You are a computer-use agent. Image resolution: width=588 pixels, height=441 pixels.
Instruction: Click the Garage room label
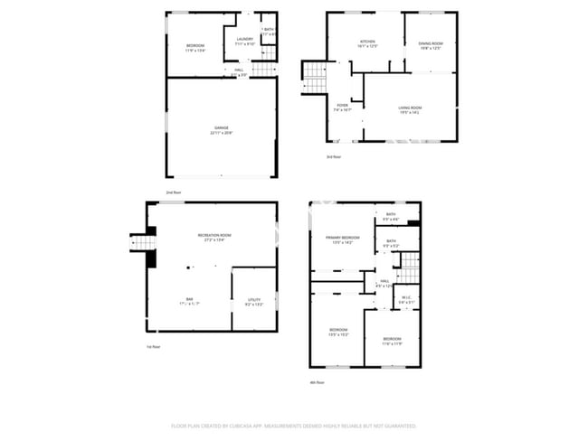click(222, 129)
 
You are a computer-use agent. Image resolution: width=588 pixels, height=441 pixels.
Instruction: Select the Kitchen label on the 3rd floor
click(367, 42)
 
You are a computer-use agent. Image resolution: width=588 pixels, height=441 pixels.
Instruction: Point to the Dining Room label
click(431, 45)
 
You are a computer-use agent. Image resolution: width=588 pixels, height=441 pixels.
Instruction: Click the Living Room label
click(410, 109)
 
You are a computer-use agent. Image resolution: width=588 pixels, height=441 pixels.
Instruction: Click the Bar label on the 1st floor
click(190, 299)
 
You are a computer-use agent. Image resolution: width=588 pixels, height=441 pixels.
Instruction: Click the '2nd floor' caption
click(172, 193)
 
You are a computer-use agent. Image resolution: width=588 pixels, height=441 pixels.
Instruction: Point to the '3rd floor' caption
click(334, 157)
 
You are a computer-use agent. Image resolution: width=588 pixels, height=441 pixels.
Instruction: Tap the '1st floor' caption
click(154, 347)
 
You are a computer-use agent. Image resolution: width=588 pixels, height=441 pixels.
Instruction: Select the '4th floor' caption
click(317, 383)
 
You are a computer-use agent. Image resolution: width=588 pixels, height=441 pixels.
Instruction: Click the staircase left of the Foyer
click(312, 74)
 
